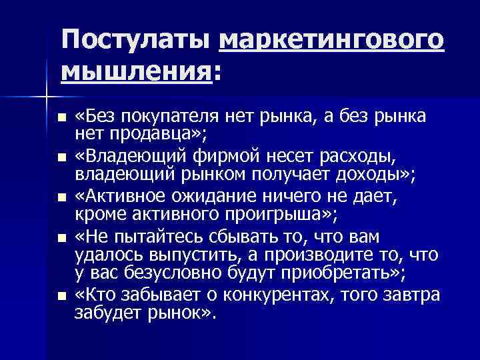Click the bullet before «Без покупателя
pyautogui.click(x=63, y=119)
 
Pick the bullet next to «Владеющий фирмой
pyautogui.click(x=63, y=158)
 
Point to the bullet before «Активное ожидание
pyautogui.click(x=63, y=197)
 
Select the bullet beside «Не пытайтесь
pyautogui.click(x=63, y=236)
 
